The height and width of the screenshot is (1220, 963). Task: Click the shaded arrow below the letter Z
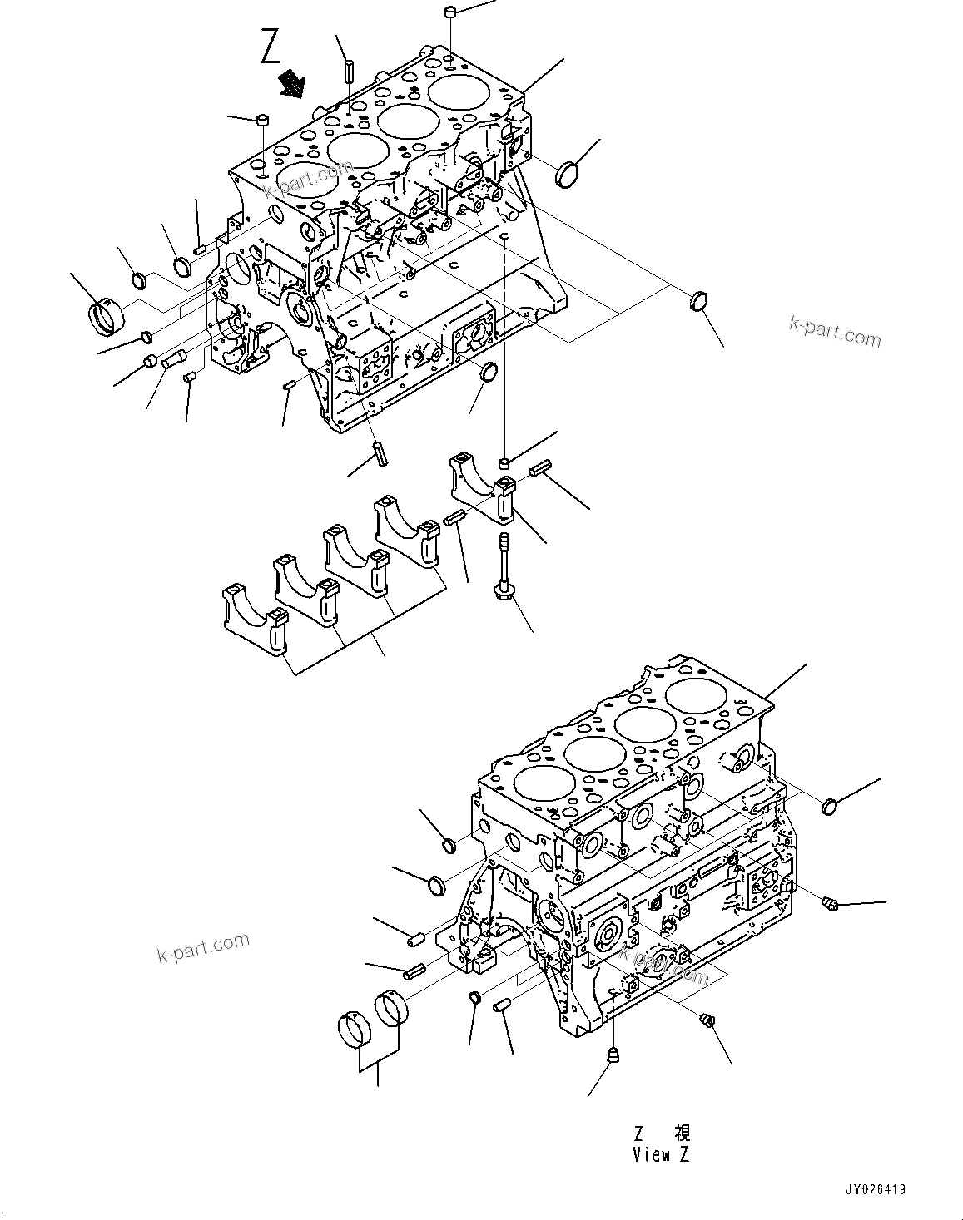click(292, 83)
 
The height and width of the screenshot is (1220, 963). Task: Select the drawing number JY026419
click(876, 1190)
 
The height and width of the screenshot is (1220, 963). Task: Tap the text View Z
click(660, 1154)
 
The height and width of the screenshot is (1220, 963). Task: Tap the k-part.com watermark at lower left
click(203, 947)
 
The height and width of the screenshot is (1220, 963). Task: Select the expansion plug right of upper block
click(570, 175)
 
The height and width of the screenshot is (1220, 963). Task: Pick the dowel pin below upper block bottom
click(381, 454)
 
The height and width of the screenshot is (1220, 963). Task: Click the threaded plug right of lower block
click(829, 902)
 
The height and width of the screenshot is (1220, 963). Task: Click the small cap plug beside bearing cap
click(504, 462)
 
